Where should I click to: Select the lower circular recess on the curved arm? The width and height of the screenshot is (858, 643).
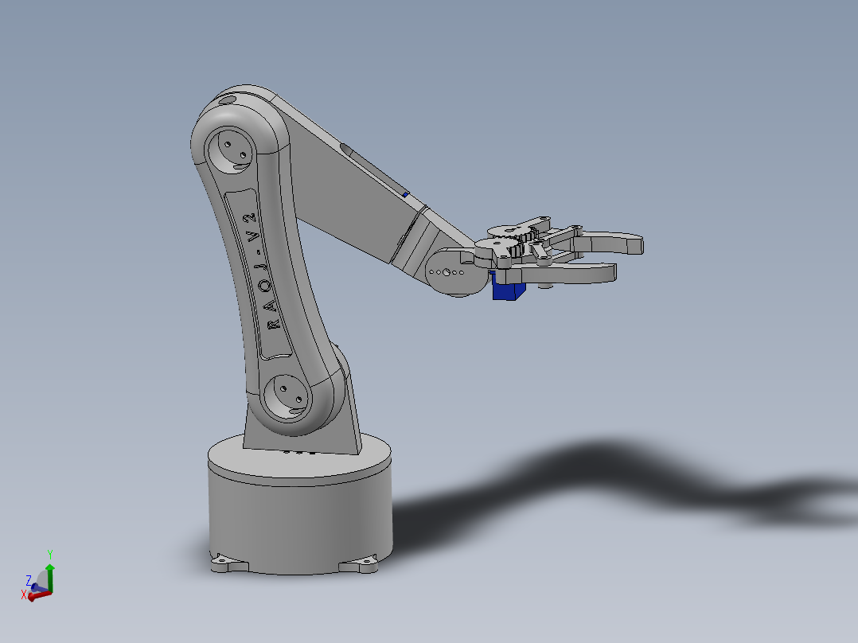pyautogui.click(x=287, y=396)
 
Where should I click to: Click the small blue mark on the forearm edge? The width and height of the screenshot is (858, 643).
pyautogui.click(x=405, y=193)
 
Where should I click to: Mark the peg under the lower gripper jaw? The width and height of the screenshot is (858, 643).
pyautogui.click(x=544, y=283)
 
